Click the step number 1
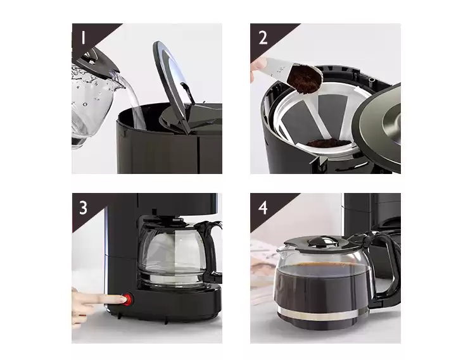83,38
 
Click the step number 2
263,38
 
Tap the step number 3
84,208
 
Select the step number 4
263,208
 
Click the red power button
127,299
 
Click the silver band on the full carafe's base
323,314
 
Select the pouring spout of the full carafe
281,249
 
